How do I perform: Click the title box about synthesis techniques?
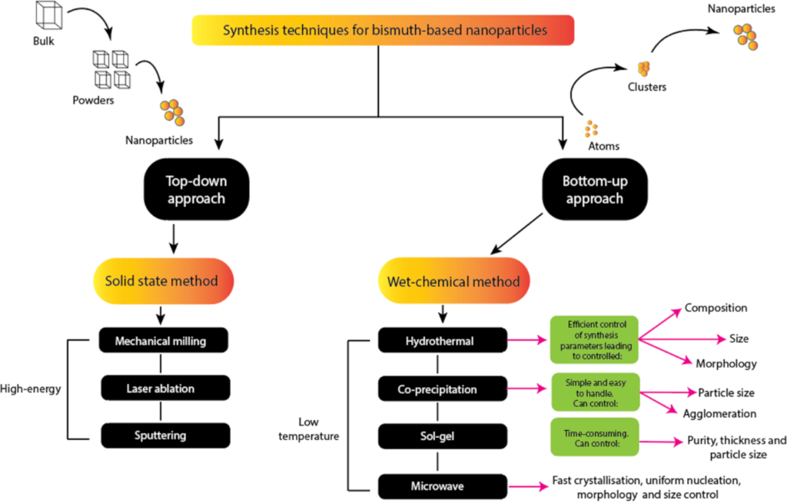click(x=384, y=31)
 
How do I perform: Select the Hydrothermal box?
click(x=443, y=341)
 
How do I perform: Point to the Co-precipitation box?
click(x=443, y=389)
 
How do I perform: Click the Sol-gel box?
click(x=443, y=435)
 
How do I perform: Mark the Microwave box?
click(x=443, y=485)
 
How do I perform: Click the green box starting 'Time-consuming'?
click(x=594, y=438)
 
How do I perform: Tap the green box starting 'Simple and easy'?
click(x=594, y=390)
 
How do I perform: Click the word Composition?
click(x=716, y=308)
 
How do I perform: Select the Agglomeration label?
click(x=719, y=413)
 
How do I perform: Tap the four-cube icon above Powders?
click(x=111, y=68)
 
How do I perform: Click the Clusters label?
click(x=646, y=87)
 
